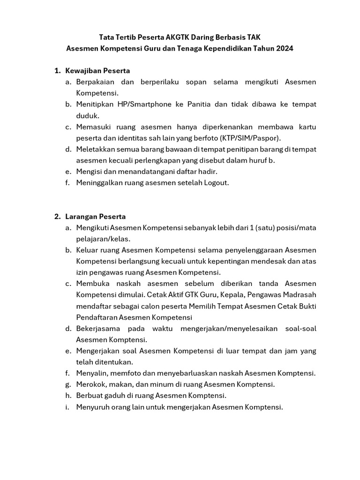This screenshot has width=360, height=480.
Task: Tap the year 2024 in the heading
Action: point(284,48)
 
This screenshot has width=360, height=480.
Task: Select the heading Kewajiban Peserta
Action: point(97,71)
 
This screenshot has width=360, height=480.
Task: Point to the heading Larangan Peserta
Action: point(96,217)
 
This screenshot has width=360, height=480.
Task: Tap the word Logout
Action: point(216,183)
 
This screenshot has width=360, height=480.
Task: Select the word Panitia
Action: point(200,104)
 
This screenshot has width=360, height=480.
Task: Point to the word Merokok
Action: point(91,384)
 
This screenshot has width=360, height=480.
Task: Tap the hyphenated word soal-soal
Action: point(300,329)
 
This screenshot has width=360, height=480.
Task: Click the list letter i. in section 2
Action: point(67,407)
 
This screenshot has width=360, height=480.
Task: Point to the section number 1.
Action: point(57,71)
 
